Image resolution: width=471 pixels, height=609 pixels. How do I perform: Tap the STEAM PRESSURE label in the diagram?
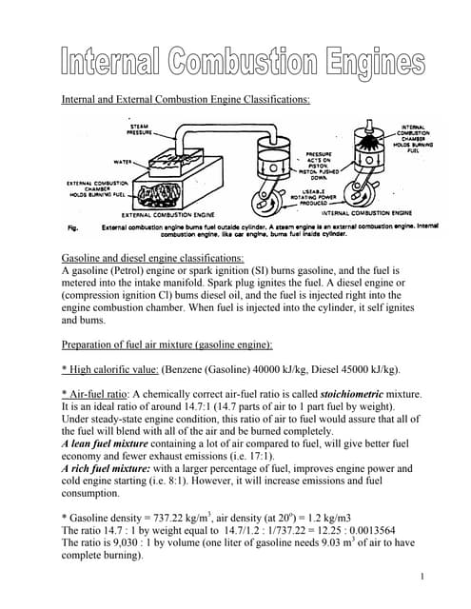[144, 129]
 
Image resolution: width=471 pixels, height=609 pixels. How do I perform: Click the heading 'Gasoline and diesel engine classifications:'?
[152, 258]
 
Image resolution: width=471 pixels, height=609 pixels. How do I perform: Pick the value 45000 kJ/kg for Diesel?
[366, 368]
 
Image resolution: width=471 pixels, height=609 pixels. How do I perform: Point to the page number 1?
[420, 578]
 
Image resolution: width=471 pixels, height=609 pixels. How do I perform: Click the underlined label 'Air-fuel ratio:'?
[96, 393]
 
